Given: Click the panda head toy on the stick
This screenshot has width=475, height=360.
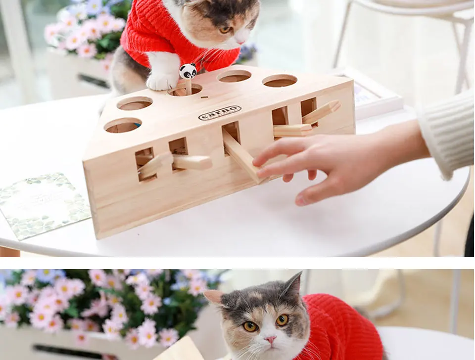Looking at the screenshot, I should (x=188, y=71).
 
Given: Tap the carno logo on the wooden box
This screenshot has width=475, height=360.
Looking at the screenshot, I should (x=220, y=113).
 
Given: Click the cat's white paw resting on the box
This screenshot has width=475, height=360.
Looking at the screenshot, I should (x=162, y=81).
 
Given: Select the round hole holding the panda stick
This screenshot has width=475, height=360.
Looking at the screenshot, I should (x=186, y=90).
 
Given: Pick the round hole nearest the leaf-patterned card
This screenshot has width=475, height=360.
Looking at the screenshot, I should (x=123, y=126).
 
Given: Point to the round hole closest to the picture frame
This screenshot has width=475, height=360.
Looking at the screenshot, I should (x=280, y=81).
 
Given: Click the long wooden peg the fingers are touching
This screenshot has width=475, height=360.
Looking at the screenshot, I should (x=240, y=156).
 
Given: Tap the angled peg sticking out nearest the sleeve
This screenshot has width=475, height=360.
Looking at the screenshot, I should (x=322, y=112).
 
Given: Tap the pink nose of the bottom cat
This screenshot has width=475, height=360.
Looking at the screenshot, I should (x=270, y=340).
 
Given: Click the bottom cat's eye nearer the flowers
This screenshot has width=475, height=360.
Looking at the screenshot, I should (x=250, y=326).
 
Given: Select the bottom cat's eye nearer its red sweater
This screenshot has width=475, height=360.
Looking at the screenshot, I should (x=283, y=320).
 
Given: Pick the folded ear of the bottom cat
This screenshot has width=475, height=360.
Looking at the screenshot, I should (x=215, y=297).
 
